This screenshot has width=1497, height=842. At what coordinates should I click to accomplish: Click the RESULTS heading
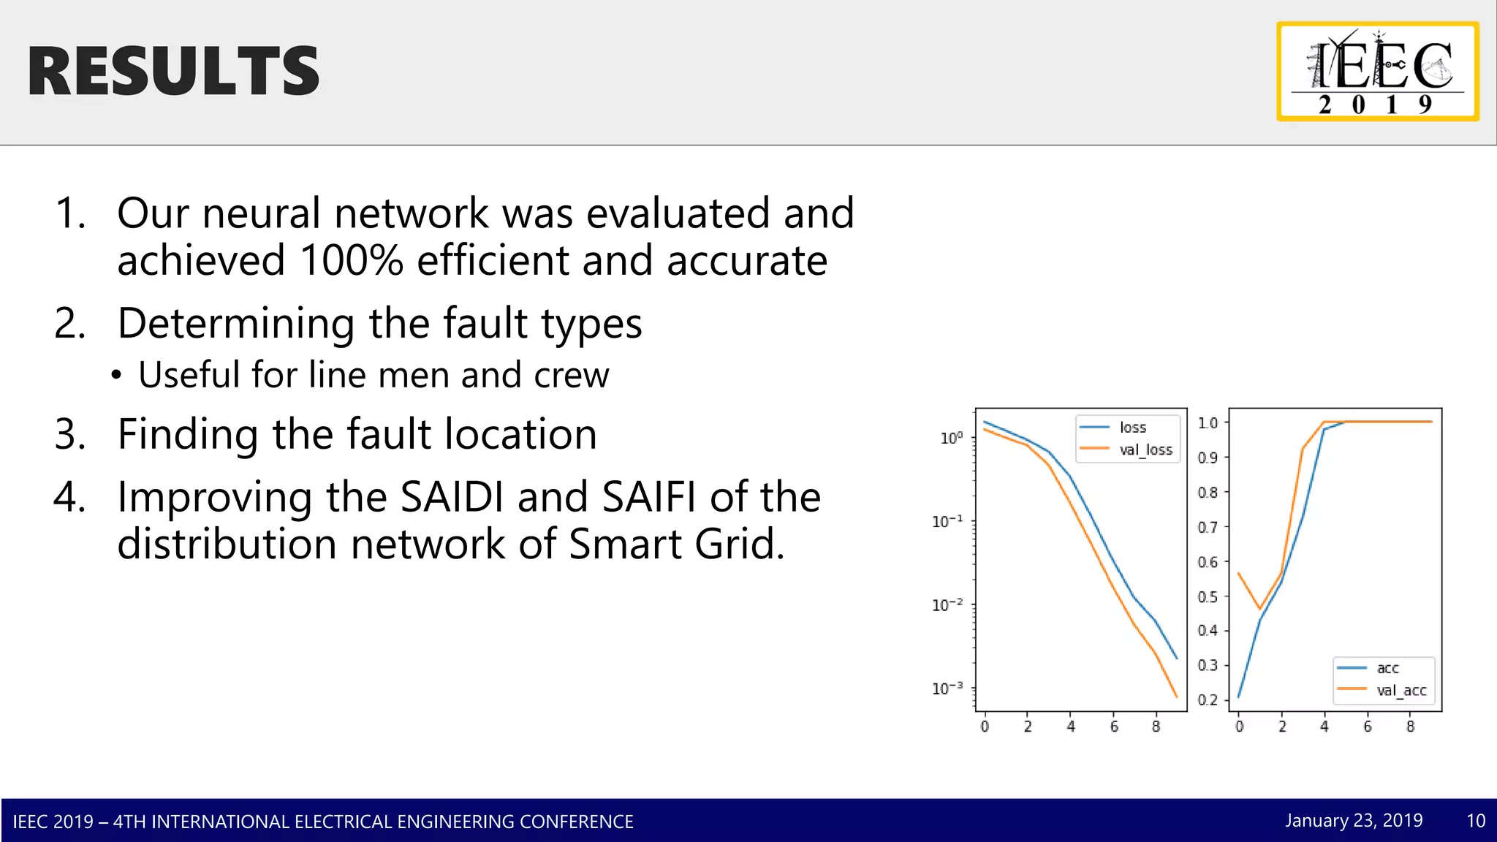(x=173, y=71)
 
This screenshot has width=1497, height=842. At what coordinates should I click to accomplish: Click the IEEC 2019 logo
(x=1378, y=72)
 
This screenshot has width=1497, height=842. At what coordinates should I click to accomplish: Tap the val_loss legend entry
(x=1145, y=450)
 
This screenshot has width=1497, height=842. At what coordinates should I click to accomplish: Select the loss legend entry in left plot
(x=1132, y=427)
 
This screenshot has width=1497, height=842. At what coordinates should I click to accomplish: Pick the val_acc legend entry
(x=1401, y=690)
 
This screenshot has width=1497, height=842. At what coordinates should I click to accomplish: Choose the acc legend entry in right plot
(x=1387, y=668)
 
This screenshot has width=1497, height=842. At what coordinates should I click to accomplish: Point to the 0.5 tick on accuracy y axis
(x=1208, y=596)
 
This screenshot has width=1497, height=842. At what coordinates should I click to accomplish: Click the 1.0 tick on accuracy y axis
(x=1208, y=422)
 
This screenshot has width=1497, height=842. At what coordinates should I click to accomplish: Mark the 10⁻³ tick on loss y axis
(x=947, y=689)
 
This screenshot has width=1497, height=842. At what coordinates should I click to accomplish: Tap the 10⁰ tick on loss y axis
(x=951, y=437)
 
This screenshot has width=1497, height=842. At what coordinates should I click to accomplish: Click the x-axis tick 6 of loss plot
(x=1114, y=727)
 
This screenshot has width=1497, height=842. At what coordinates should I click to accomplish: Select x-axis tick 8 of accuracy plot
(x=1410, y=727)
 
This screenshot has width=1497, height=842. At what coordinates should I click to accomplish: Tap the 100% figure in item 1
(x=351, y=260)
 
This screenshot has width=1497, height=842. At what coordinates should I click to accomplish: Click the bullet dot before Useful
(x=116, y=376)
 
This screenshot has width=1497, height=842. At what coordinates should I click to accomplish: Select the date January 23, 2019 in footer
(x=1354, y=820)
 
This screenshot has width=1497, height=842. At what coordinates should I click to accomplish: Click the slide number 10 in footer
(x=1475, y=820)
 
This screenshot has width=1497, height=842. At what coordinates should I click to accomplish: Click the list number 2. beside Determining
(x=70, y=323)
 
